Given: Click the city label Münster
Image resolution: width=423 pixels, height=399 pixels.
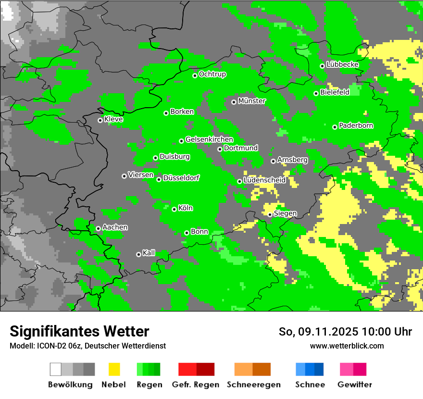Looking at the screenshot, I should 251,101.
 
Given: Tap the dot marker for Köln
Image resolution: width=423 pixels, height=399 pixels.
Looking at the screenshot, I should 174,209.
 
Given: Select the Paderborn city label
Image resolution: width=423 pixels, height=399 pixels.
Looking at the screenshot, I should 356,126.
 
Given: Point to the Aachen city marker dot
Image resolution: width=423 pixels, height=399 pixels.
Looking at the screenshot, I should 98,228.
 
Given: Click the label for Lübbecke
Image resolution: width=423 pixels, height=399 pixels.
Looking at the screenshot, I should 342,64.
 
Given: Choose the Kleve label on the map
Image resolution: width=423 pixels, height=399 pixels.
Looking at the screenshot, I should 113,119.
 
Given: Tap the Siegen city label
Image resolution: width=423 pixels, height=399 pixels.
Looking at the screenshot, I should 285,213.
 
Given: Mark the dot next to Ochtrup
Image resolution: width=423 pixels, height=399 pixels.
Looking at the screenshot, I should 195,75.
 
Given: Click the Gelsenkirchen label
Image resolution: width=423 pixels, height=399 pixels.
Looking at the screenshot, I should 209,139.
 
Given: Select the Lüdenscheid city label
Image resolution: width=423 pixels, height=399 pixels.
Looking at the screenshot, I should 264,180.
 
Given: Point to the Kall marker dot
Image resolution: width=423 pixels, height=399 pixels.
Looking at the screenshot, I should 138,254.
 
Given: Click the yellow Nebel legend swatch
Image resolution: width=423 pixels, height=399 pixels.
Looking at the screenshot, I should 114,369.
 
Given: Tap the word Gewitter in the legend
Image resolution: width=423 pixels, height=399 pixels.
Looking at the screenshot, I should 355,385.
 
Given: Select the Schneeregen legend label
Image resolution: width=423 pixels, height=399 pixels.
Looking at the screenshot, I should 254,385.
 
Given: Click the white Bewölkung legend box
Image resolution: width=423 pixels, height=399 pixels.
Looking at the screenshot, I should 56,369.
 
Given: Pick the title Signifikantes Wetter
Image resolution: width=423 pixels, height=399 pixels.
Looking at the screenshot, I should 79,332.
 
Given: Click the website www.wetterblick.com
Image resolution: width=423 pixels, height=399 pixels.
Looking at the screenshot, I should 347,346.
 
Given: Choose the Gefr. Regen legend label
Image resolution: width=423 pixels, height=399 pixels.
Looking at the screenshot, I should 196,385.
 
